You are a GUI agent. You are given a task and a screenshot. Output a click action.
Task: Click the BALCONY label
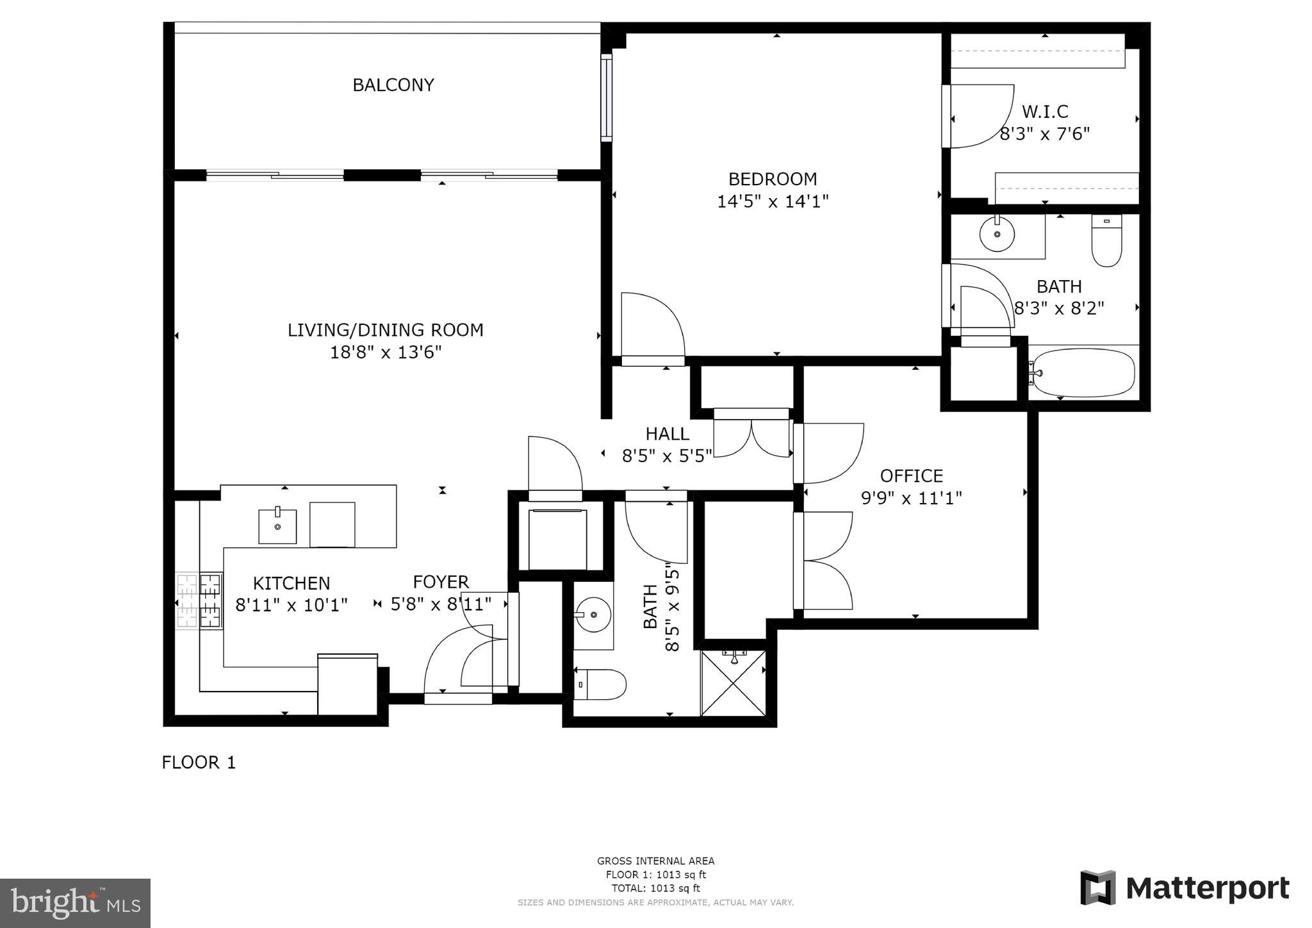point(393,85)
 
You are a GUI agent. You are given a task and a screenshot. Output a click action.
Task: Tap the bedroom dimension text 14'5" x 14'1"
point(773,201)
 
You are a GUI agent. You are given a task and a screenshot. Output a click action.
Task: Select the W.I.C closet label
point(1045,112)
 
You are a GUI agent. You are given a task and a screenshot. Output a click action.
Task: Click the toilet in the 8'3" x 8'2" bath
point(1106,242)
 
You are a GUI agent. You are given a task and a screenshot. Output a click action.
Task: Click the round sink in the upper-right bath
point(997,235)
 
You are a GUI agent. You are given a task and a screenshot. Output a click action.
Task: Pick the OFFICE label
point(911,476)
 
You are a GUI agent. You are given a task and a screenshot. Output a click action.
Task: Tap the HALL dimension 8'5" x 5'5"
point(667,456)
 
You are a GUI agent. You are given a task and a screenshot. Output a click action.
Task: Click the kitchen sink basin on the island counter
point(277,526)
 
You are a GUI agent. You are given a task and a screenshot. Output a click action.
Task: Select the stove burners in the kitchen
point(199,601)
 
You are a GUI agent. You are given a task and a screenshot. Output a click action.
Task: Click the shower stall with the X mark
point(734,683)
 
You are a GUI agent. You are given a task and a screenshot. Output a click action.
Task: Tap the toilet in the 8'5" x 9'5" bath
point(601,684)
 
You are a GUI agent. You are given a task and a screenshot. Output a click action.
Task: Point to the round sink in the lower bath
point(593,615)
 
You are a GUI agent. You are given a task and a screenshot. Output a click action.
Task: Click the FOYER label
point(441,582)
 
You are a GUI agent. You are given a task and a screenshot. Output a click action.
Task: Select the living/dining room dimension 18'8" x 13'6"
point(386,352)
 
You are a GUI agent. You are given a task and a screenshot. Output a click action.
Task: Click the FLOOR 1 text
point(199,763)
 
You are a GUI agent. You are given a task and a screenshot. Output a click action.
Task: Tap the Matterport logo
point(1185,888)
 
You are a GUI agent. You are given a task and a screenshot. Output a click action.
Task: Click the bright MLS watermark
point(75,903)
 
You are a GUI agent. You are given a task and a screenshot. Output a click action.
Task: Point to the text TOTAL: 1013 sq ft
point(655,888)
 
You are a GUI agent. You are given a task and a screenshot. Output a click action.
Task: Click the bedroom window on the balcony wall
point(606,97)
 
